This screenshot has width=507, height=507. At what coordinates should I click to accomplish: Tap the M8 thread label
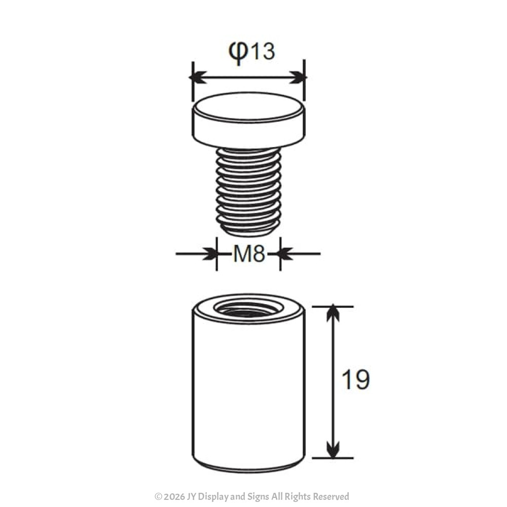249,254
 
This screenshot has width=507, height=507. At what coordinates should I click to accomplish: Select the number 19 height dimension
355,379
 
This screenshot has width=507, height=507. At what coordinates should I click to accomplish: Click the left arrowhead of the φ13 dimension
198,78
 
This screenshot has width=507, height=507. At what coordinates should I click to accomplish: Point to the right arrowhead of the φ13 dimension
299,78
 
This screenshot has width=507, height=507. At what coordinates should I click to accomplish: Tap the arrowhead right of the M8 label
286,254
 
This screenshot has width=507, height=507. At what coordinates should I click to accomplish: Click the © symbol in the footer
158,497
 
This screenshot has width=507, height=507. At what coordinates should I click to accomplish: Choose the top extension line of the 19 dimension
333,306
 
